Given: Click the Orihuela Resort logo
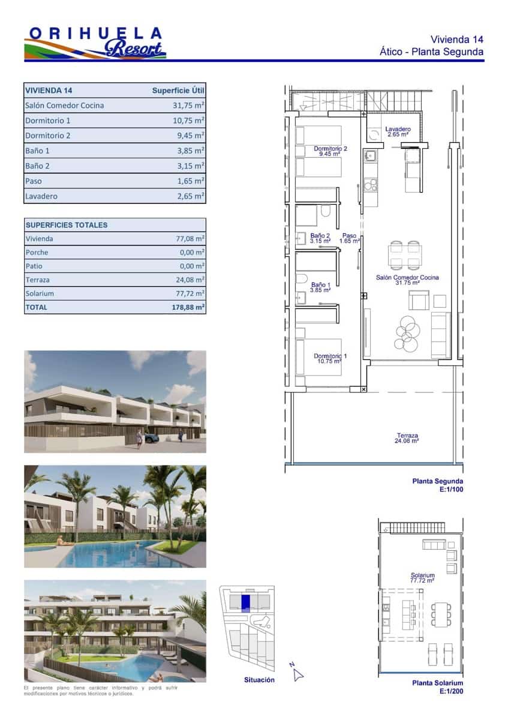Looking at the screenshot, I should pyautogui.click(x=95, y=43).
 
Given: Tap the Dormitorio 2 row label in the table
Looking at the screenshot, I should pyautogui.click(x=48, y=136).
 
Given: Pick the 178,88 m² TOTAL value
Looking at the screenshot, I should pyautogui.click(x=188, y=307).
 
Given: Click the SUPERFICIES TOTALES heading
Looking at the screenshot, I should pyautogui.click(x=67, y=225).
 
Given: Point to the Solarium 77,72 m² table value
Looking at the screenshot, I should pyautogui.click(x=190, y=293).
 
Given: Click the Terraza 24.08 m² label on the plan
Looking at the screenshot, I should pyautogui.click(x=407, y=438).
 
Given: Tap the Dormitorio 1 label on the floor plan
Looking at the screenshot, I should pyautogui.click(x=330, y=359).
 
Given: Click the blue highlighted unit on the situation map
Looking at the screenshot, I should pyautogui.click(x=245, y=603).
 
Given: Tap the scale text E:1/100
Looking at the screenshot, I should pyautogui.click(x=449, y=490).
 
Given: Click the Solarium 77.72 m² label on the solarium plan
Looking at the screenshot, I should pyautogui.click(x=422, y=578).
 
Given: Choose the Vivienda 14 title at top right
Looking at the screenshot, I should pyautogui.click(x=457, y=39).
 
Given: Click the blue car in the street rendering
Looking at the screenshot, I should pyautogui.click(x=151, y=438).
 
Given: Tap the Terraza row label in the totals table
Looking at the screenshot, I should pyautogui.click(x=38, y=280).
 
